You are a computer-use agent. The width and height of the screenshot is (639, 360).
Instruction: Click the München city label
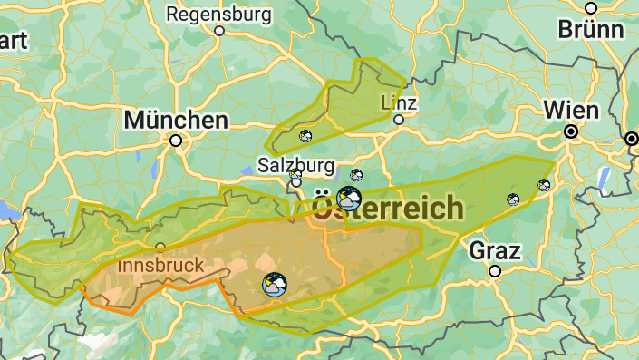click(176, 120)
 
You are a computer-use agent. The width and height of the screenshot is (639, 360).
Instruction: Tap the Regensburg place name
click(218, 15)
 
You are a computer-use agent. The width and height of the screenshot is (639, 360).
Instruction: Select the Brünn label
click(591, 28)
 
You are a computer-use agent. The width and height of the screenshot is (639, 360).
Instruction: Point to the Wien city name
click(571, 111)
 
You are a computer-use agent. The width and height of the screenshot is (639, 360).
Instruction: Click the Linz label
click(399, 101)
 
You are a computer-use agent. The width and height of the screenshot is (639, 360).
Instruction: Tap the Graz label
click(494, 249)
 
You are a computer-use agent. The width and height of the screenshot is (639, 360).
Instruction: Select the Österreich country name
click(387, 209)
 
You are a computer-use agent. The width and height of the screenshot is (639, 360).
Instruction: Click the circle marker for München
click(176, 141)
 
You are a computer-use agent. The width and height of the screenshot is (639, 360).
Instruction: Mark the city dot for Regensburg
click(219, 30)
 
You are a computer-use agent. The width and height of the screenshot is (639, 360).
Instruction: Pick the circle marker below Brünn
click(591, 7)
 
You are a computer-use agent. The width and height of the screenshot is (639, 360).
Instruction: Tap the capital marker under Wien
click(571, 132)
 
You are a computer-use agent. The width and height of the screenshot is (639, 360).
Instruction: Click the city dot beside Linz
click(399, 119)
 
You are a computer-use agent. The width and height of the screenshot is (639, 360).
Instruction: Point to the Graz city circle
click(494, 270)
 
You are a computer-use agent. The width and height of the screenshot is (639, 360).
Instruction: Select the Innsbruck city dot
click(160, 247)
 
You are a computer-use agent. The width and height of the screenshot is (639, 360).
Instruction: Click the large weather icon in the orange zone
click(272, 285)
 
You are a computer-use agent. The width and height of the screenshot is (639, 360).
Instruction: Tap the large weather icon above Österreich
click(348, 197)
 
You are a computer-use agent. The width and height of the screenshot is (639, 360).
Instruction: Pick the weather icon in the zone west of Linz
click(306, 136)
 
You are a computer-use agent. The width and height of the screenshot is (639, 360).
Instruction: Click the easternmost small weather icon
click(543, 185)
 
